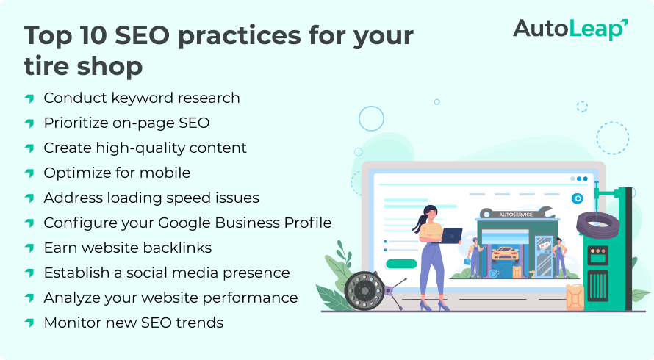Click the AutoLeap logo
[x=569, y=29]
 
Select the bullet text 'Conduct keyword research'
[x=142, y=98]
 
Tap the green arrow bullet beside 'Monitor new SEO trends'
[x=29, y=323]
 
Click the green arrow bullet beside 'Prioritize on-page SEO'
[x=29, y=123]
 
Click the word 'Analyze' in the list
[x=71, y=298]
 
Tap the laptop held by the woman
[x=450, y=235]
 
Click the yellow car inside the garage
[x=506, y=253]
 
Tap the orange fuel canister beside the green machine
[x=575, y=298]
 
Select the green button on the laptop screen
[x=400, y=264]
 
